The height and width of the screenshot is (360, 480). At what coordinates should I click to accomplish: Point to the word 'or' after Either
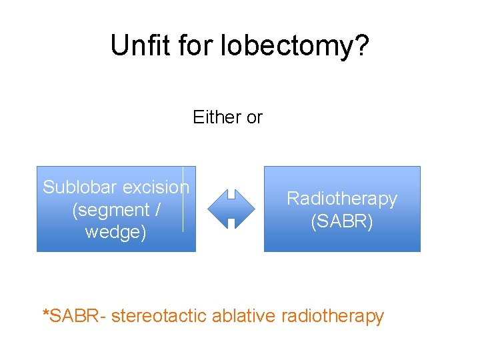tap(254, 118)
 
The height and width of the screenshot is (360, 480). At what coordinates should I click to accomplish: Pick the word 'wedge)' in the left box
tap(115, 233)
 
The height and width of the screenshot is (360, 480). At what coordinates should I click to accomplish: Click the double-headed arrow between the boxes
tap(231, 209)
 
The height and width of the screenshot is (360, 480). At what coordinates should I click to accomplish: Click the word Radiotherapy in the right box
tap(342, 199)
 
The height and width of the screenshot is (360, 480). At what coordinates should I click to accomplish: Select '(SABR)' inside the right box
tap(342, 221)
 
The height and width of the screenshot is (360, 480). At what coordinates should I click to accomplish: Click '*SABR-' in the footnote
tap(74, 315)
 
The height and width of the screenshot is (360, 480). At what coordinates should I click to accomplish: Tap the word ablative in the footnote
tap(243, 315)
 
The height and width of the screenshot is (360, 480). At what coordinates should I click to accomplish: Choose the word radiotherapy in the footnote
tap(333, 316)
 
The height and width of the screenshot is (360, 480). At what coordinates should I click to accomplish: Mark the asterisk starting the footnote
tap(45, 312)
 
